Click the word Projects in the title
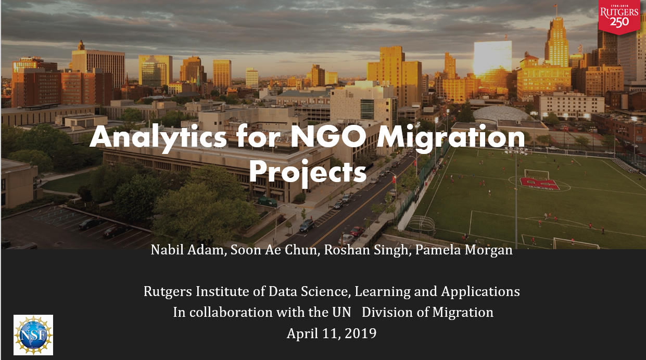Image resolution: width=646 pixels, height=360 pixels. [x=308, y=172]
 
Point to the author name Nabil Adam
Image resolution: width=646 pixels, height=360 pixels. [x=187, y=250]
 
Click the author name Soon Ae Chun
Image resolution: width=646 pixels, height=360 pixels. [x=274, y=250]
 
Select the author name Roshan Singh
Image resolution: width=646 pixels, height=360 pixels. [x=366, y=250]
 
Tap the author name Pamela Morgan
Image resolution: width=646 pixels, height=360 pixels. [x=464, y=250]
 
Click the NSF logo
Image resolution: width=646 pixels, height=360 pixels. [x=33, y=335]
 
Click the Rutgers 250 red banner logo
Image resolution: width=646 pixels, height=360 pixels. [x=619, y=17]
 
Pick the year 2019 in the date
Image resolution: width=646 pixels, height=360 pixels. [x=360, y=333]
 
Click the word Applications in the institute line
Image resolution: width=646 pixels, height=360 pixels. [x=480, y=292]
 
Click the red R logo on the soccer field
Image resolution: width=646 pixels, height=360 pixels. [x=539, y=184]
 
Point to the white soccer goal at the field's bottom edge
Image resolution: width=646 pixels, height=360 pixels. [x=576, y=243]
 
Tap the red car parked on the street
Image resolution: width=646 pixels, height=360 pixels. [x=357, y=231]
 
